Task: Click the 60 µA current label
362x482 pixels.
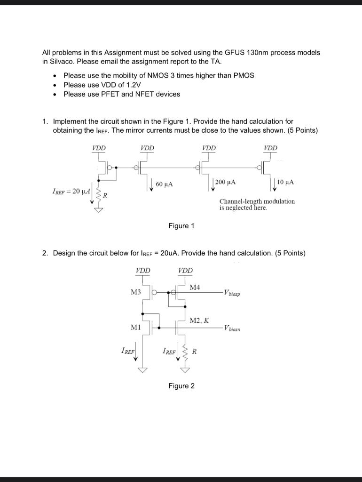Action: (x=164, y=184)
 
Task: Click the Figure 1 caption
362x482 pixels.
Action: (x=181, y=226)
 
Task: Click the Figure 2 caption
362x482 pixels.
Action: (x=181, y=386)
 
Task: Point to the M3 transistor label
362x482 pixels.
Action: (x=135, y=292)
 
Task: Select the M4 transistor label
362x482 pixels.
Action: (x=195, y=287)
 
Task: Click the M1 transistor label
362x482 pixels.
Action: (x=135, y=326)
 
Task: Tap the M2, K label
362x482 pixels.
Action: (x=199, y=320)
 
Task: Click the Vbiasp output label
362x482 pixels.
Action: (x=235, y=293)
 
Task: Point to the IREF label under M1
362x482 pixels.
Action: (x=127, y=351)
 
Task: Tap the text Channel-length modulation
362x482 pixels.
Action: (x=257, y=201)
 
